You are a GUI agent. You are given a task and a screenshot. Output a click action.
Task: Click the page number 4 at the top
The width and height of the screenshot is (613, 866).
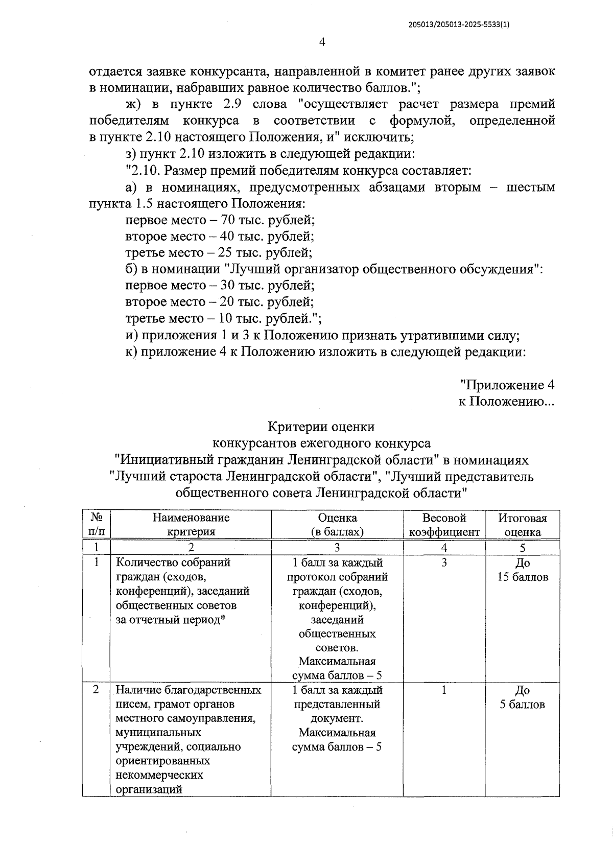point(322,42)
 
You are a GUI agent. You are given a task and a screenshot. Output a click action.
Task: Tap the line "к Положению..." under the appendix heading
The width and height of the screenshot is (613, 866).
point(506,401)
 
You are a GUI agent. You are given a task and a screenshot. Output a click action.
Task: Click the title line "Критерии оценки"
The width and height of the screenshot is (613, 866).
point(321,427)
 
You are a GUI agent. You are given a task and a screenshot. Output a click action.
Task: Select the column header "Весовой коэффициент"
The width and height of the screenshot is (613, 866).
point(444,525)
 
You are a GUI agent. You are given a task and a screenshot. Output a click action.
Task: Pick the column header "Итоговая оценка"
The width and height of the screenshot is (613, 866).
point(522,525)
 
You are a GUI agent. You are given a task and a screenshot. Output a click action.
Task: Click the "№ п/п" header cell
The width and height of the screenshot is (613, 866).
point(96,525)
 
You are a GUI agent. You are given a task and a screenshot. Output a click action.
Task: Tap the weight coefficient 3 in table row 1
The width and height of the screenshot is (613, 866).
point(444,563)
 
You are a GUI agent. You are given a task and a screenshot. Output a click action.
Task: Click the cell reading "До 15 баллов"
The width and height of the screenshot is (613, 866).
point(522,570)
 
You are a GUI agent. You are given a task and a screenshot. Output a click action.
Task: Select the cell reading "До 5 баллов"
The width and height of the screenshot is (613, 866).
point(522,697)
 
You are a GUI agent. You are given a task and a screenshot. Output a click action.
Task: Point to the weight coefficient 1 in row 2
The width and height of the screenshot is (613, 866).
point(444,690)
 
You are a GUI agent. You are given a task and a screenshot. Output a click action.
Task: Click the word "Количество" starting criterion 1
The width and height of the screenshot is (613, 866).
point(143,563)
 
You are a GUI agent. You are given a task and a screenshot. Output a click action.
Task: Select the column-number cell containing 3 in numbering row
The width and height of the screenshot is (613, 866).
point(337,548)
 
